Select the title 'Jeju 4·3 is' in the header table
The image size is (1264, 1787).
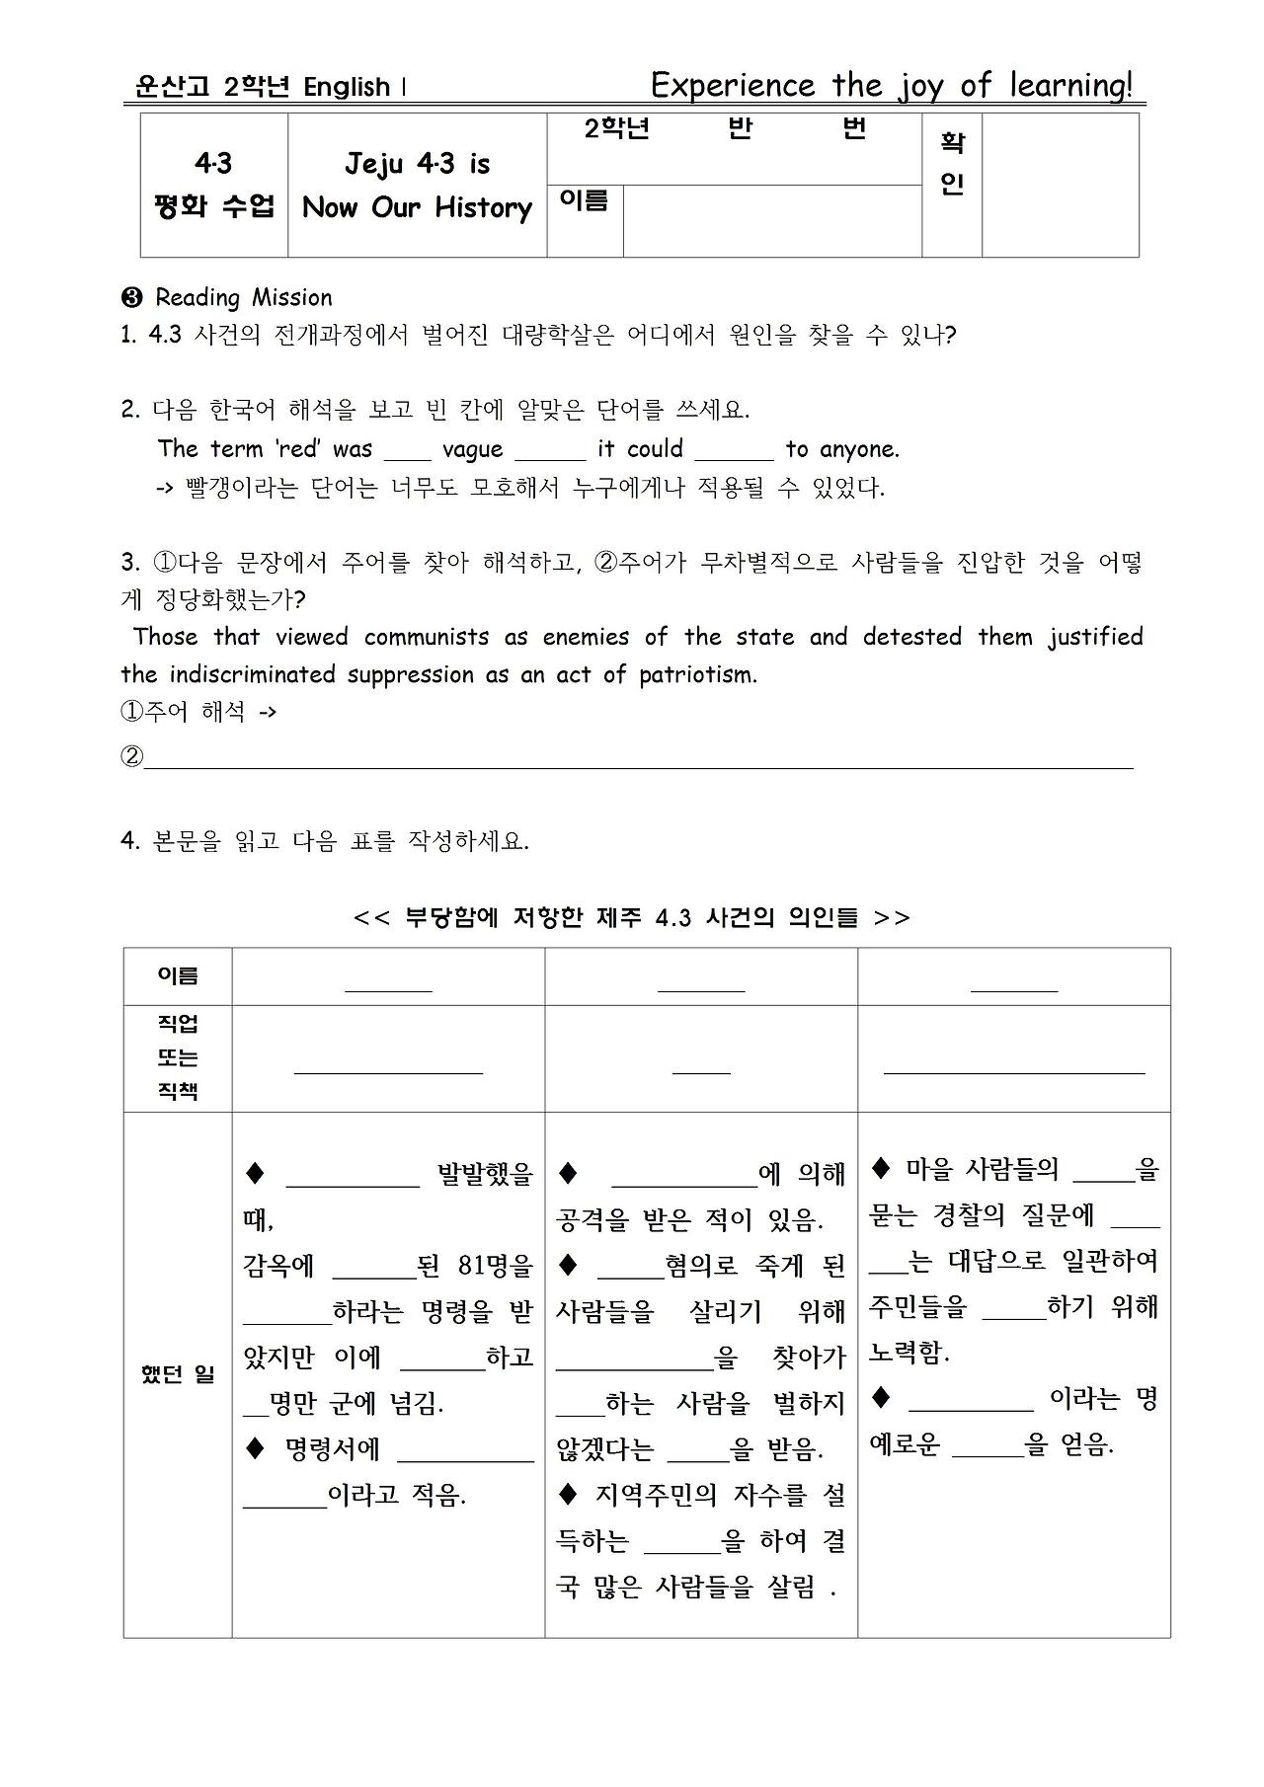(417, 164)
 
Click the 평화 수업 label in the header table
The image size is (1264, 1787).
(213, 207)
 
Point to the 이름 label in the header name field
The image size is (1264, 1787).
(584, 201)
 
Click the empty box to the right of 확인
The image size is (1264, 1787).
(1060, 186)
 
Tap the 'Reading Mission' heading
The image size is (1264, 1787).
(243, 298)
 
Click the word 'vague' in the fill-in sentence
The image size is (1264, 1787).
(472, 450)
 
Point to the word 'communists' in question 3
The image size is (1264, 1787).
(427, 638)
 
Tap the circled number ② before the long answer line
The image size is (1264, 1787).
(131, 758)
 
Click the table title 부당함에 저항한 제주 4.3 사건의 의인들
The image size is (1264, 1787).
(632, 918)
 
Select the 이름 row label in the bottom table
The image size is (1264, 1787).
(178, 976)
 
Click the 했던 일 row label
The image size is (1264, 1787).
(178, 1374)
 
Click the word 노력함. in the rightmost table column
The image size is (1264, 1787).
(908, 1354)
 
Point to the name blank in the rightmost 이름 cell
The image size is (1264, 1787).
(1013, 984)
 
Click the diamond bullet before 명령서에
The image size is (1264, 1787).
(256, 1448)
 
